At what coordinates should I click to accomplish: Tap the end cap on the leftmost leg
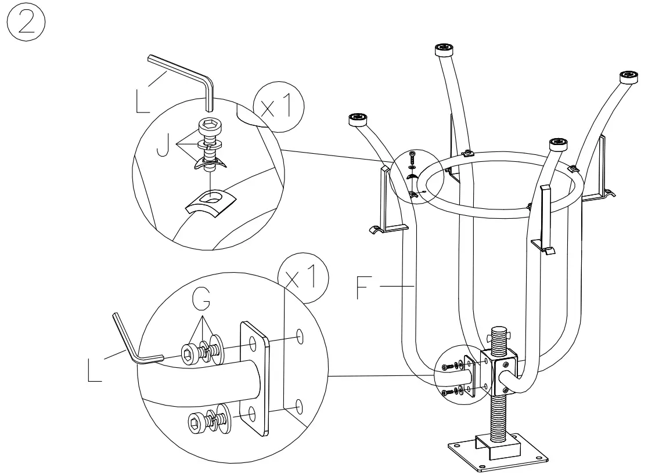coord(358,120)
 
